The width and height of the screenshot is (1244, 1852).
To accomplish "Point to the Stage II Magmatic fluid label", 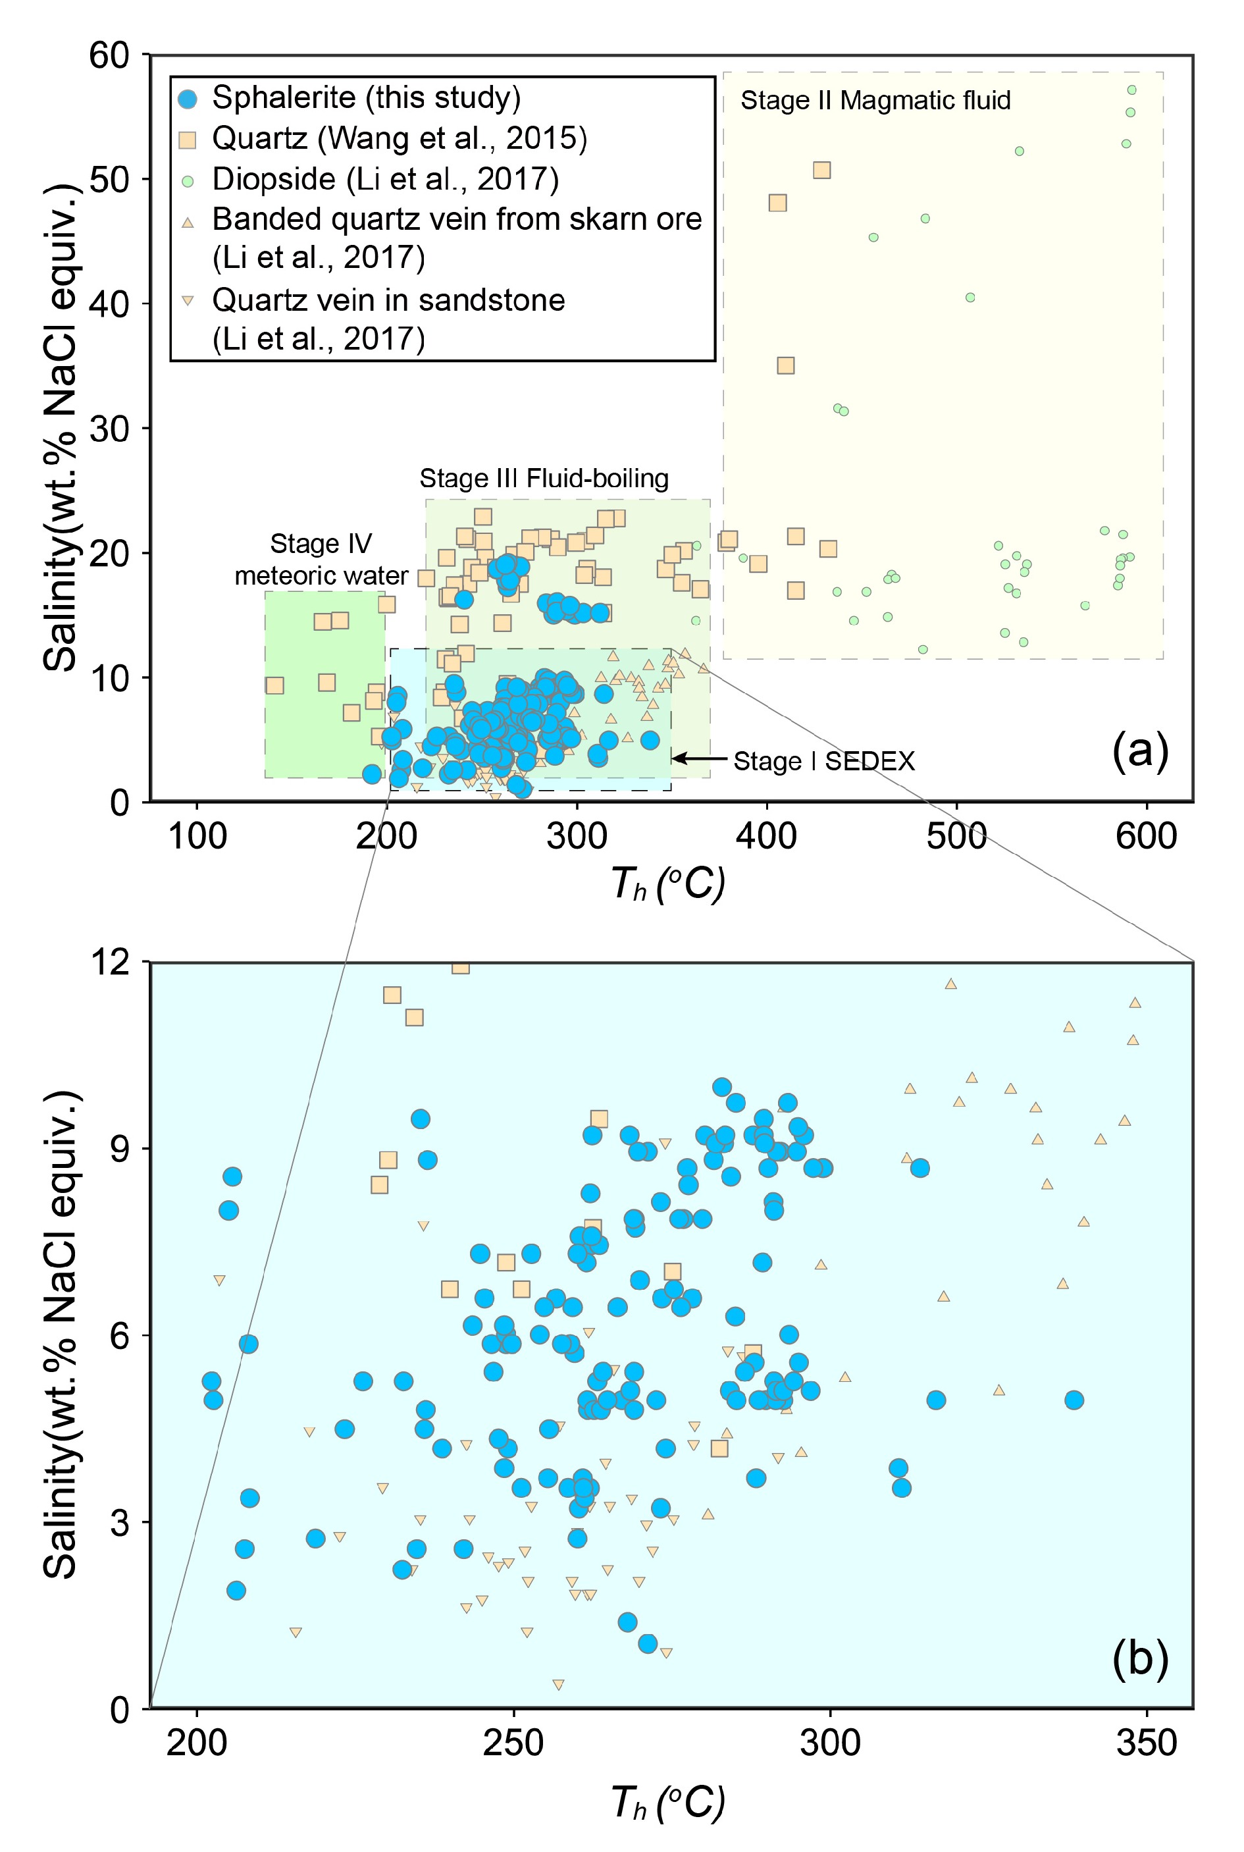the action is [875, 101].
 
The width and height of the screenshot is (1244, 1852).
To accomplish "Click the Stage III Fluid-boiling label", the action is [544, 479].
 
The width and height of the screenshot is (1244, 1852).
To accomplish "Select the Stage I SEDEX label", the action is [823, 762].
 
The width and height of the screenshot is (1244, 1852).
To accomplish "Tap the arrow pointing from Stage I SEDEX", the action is [700, 758].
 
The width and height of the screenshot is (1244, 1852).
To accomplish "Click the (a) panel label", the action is [1140, 750].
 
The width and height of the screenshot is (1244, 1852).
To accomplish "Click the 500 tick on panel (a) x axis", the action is [957, 836].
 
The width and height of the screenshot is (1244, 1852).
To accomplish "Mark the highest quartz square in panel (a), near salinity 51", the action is [822, 171].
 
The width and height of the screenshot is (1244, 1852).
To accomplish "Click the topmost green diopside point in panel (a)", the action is [1132, 90].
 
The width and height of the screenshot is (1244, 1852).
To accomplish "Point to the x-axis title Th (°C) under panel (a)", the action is [668, 885].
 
